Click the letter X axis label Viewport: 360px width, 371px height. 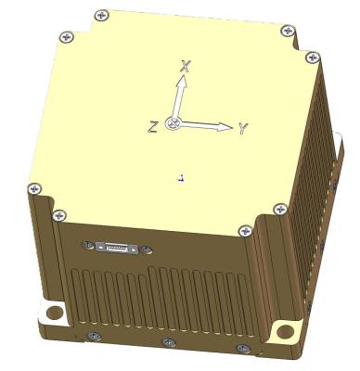point(186,66)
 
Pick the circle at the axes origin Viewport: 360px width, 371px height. point(172,123)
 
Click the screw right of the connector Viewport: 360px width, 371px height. point(145,249)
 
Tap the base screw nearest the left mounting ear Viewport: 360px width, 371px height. point(92,335)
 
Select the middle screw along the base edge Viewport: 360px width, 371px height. point(168,343)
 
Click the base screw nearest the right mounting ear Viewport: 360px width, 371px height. point(243,349)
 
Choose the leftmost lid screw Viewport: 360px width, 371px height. point(36,188)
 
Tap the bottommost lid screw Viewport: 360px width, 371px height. point(244,230)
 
